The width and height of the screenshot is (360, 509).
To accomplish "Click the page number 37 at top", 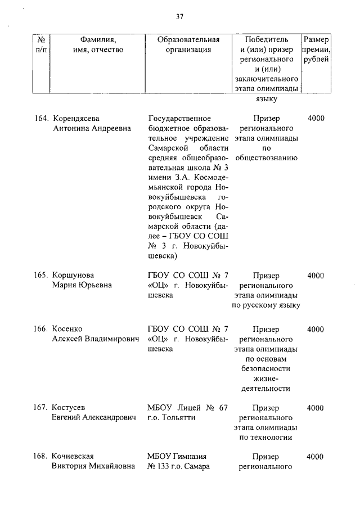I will pos(179,16).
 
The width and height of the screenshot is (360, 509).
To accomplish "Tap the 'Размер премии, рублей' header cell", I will pos(316,50).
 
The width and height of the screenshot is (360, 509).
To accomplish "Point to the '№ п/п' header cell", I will pos(40,44).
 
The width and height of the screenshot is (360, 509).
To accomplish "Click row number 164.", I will pos(42,119).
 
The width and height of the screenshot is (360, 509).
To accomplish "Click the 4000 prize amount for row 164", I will pos(316,119).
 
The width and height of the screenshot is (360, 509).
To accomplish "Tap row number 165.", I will pos(42,276).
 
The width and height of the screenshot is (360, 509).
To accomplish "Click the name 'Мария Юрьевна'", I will pos(82,285).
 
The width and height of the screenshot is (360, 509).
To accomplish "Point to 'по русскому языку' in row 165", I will pos(266,305).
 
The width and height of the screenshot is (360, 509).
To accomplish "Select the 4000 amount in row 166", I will pos(316,329).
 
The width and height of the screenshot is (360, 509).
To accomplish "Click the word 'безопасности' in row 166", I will pos(266,368).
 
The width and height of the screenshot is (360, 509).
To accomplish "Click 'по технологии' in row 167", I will pos(266,438).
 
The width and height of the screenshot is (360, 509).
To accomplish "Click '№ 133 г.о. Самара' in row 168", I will pos(178,467).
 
